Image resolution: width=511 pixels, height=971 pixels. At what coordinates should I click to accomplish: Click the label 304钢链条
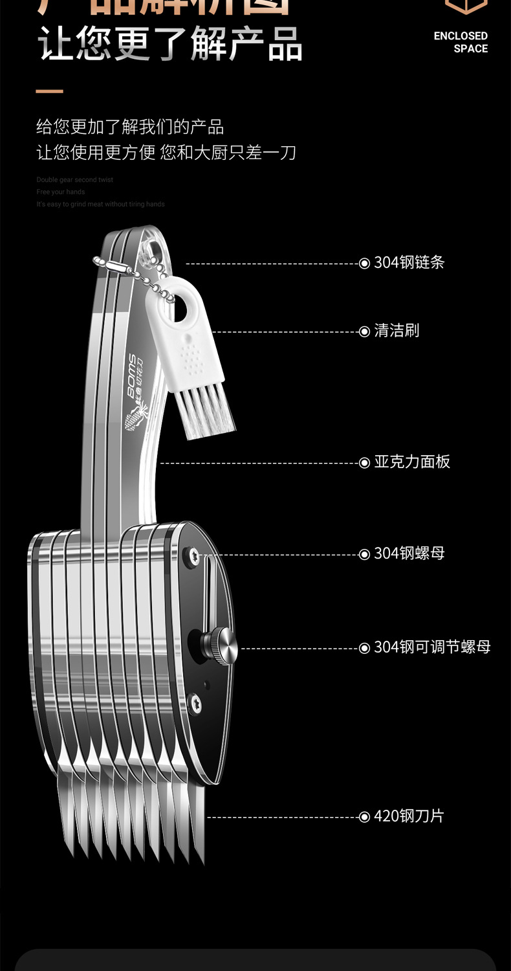pos(409,262)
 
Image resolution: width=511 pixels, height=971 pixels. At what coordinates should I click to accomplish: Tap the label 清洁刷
pos(397,331)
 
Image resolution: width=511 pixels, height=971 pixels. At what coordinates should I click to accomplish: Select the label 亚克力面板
pos(412,462)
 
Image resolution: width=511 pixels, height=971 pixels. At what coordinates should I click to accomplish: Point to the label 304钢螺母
pos(409,553)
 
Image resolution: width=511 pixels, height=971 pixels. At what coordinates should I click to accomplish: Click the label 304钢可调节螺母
pos(432,647)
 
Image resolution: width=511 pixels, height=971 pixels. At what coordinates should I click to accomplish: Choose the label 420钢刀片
pos(409,816)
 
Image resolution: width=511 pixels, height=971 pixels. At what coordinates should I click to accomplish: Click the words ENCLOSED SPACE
pos(461,42)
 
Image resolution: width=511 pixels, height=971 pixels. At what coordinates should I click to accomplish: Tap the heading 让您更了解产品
pos(169,45)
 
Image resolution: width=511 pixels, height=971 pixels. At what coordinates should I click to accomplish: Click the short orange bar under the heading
pos(49,91)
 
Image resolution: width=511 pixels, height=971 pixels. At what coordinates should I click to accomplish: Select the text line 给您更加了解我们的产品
pos(130,126)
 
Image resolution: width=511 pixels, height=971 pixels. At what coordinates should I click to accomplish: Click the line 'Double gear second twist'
pos(74,180)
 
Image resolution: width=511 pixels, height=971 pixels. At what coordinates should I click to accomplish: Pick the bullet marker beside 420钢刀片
pos(364,817)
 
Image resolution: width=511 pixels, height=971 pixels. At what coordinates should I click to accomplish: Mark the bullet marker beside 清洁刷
pos(364,331)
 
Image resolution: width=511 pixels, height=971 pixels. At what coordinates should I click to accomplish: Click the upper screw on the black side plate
pos(191,554)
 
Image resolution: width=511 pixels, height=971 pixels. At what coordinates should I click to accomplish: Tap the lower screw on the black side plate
pos(194,702)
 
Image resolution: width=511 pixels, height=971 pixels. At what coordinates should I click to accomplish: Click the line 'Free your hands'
pos(60,192)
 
